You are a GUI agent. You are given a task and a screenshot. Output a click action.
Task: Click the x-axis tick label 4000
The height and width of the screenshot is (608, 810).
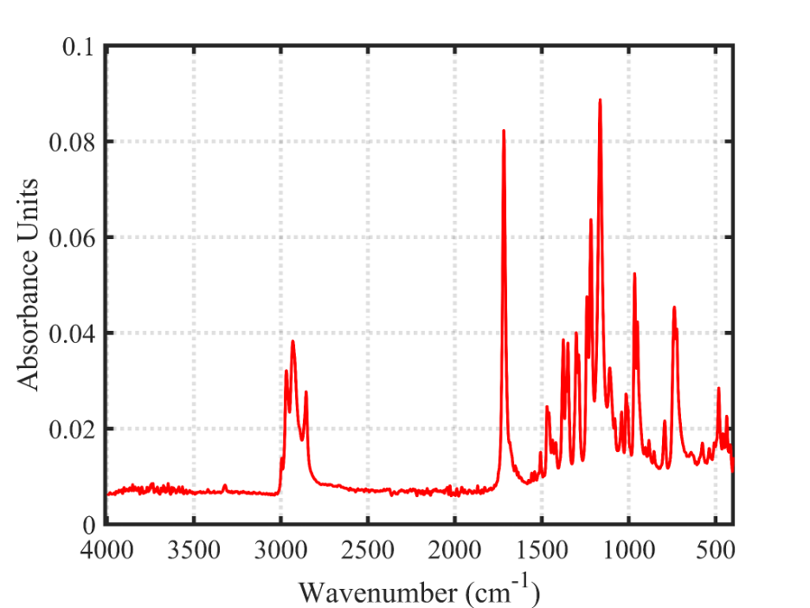click(106, 552)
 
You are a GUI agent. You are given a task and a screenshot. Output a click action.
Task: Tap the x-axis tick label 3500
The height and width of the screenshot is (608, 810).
click(193, 552)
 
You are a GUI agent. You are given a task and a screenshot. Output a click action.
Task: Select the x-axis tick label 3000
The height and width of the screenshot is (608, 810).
click(280, 552)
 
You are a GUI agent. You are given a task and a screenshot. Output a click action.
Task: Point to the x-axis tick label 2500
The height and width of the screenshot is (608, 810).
click(368, 552)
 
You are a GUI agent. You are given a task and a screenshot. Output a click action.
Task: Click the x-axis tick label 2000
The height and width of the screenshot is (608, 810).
click(454, 552)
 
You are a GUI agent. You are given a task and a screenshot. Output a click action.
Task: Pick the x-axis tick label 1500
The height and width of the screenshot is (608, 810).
click(542, 552)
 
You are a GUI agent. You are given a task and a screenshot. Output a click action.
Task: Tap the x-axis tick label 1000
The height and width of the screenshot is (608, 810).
click(628, 552)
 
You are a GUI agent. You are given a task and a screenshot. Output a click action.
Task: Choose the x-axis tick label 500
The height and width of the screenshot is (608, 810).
click(716, 552)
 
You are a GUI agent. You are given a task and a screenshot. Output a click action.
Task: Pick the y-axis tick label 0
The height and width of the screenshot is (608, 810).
click(87, 525)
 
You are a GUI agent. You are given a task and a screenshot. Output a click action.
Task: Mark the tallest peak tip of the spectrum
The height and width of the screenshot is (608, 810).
click(600, 100)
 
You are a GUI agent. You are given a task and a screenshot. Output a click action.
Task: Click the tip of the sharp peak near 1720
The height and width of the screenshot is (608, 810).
click(504, 131)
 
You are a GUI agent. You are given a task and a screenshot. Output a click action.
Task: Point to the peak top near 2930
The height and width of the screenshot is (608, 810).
click(293, 341)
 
